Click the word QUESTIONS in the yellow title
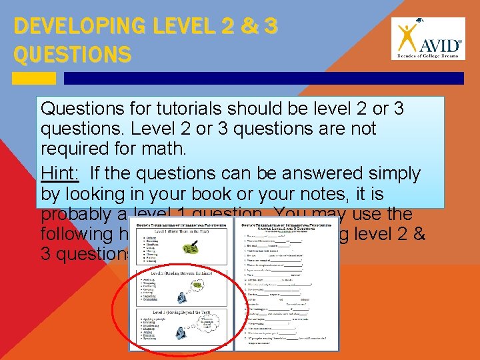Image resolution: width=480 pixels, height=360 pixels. [72, 55]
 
